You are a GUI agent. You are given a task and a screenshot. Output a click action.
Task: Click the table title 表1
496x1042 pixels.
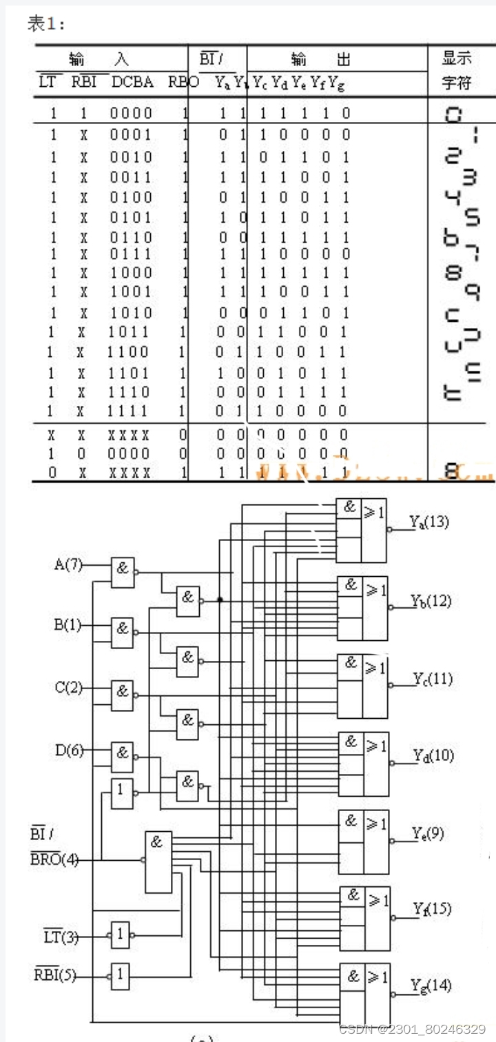46,24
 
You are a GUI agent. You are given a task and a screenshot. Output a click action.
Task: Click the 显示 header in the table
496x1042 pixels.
456,59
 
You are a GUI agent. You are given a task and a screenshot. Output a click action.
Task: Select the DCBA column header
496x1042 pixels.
133,83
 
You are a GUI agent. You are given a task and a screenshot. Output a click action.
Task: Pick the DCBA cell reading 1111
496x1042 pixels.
128,411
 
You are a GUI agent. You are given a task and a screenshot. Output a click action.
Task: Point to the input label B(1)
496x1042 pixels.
68,626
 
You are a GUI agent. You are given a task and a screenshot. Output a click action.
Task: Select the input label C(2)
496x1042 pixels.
68,687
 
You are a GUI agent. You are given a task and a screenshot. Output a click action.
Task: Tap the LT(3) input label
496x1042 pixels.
61,937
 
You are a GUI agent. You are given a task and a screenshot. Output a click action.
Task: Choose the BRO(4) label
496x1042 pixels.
54,860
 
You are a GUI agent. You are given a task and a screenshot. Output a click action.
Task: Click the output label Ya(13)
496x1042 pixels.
429,522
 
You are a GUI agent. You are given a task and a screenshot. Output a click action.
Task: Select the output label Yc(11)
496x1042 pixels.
433,680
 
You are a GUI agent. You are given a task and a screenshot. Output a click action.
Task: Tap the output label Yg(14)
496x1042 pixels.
431,986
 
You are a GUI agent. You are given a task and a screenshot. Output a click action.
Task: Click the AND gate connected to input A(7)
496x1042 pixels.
123,572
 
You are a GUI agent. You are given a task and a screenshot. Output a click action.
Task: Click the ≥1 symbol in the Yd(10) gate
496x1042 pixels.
376,744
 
